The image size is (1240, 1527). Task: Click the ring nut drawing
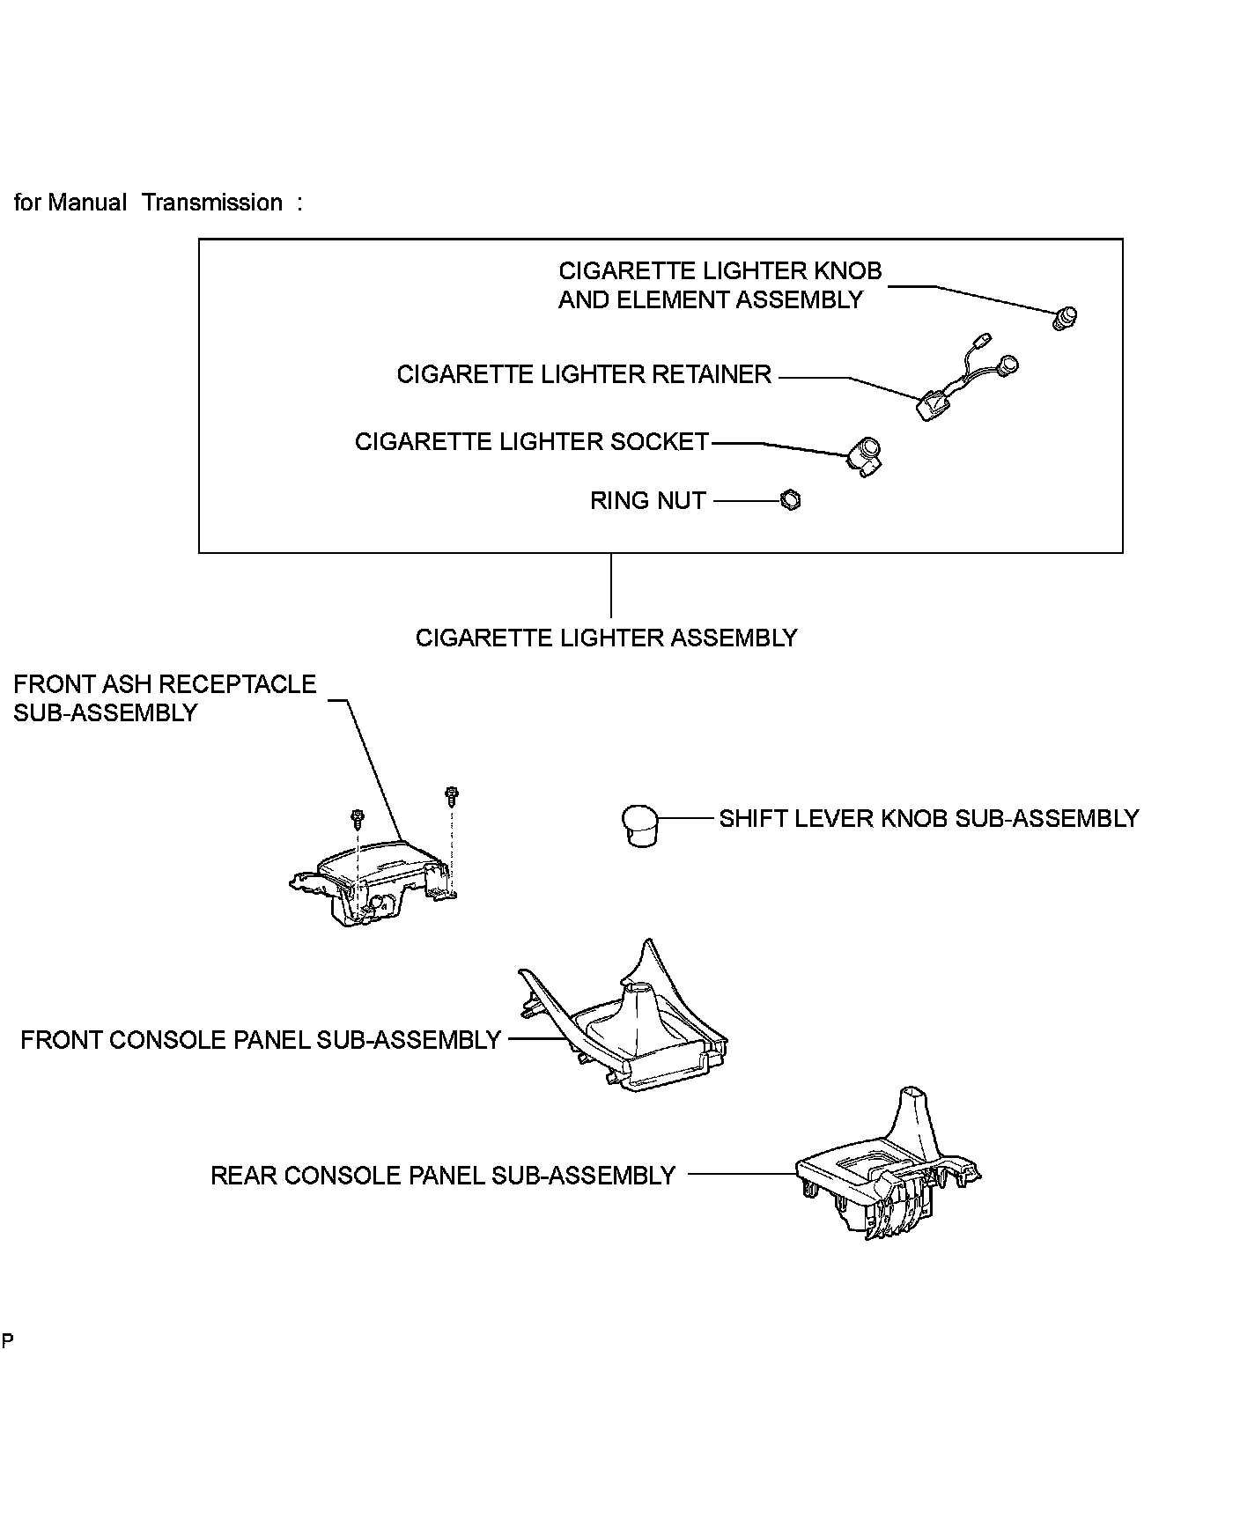[x=791, y=500]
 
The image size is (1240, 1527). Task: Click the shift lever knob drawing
[x=640, y=825]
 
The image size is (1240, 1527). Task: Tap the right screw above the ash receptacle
[x=452, y=797]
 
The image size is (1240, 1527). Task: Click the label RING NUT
[x=648, y=500]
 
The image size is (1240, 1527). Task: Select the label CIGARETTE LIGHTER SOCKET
[x=532, y=441]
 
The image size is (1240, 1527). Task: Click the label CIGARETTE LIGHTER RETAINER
[x=584, y=374]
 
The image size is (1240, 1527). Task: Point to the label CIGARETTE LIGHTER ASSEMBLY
[x=607, y=638]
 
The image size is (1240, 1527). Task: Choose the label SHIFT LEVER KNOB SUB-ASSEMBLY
[x=929, y=818]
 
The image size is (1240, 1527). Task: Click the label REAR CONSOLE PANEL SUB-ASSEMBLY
[x=443, y=1176]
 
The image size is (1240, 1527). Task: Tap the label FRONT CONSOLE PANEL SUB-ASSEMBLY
[x=261, y=1040]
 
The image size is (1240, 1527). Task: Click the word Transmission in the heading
[x=213, y=203]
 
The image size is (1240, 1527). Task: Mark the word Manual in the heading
[x=87, y=203]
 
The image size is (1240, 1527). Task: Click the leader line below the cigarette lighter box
[x=611, y=586]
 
